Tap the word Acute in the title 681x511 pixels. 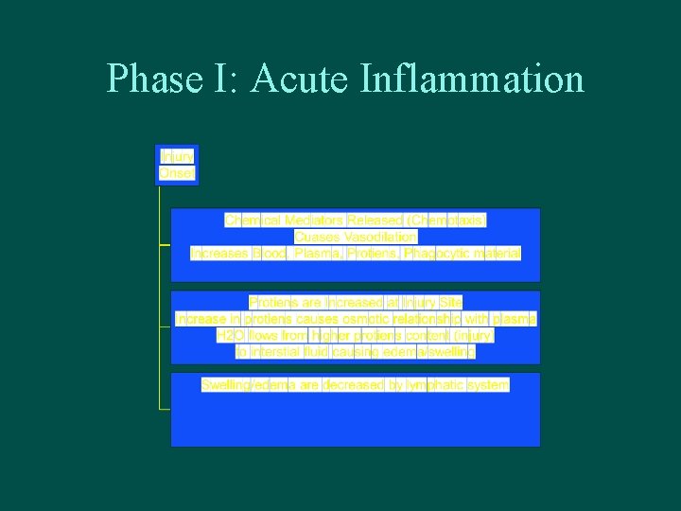click(x=303, y=79)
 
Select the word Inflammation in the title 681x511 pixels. click(x=472, y=79)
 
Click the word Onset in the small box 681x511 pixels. click(x=177, y=173)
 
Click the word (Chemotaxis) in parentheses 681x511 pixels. click(x=446, y=220)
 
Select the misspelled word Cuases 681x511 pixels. click(x=315, y=237)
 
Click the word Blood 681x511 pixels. click(x=270, y=254)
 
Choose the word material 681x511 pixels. click(x=496, y=254)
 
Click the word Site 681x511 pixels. click(x=450, y=303)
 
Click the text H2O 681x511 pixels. click(x=231, y=336)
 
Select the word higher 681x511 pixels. click(x=331, y=336)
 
